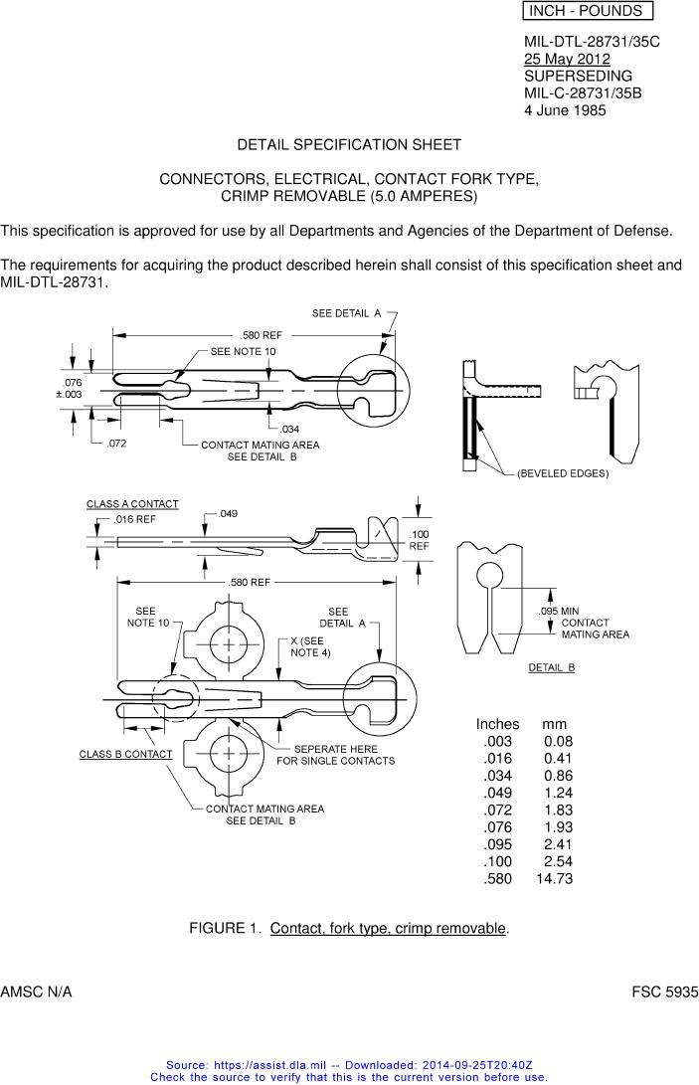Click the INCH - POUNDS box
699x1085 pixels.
pos(587,11)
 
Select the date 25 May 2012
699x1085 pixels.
pos(567,60)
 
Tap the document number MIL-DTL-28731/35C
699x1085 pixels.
pos(592,43)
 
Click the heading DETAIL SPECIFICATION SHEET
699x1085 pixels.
pos(349,145)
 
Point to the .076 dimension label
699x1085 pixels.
pos(73,383)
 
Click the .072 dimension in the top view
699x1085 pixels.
pos(116,443)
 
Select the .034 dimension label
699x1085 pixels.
pos(289,430)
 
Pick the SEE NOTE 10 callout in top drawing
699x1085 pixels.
pos(243,352)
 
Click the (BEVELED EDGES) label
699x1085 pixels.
pos(563,473)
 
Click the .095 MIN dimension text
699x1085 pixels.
pos(559,611)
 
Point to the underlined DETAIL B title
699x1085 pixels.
pos(552,667)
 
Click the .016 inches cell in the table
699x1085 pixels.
pos(497,759)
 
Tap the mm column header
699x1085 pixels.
pos(554,724)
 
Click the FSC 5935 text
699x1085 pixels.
pos(665,993)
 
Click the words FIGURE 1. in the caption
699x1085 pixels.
pos(225,929)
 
